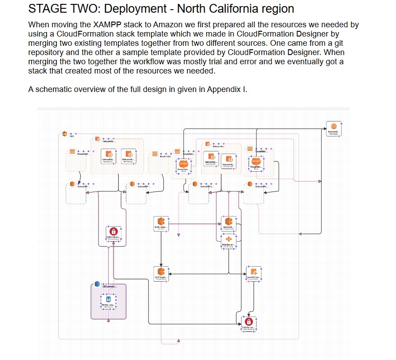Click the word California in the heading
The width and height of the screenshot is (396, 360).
234,8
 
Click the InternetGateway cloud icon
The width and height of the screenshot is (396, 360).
334,127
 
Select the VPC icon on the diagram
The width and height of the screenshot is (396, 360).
64,133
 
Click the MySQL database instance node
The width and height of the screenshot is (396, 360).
108,300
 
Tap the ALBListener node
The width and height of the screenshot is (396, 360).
161,222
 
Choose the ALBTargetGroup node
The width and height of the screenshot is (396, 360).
161,272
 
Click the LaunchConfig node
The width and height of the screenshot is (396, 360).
253,272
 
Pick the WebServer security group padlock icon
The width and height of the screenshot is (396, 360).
249,322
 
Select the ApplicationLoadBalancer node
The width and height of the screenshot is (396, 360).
228,222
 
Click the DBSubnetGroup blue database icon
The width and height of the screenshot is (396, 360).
97,285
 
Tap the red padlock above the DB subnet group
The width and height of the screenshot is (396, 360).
113,231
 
